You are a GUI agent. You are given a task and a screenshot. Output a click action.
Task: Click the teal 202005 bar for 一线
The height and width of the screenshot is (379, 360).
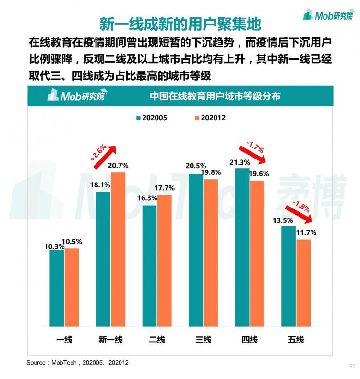57,288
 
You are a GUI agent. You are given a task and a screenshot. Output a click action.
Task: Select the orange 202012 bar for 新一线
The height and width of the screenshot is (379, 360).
118,249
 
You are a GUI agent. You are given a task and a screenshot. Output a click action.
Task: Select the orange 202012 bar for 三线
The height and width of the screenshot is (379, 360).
211,253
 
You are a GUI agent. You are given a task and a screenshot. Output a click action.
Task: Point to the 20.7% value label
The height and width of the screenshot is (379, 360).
118,166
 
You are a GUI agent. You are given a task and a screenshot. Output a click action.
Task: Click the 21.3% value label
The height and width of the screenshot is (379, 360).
240,162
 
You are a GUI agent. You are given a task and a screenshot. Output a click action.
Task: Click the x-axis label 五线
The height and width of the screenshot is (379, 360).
296,340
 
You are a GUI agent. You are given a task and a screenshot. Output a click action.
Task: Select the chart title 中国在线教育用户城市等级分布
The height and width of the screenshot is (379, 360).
215,96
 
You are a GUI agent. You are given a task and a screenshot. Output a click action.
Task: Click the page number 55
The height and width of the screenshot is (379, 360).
352,366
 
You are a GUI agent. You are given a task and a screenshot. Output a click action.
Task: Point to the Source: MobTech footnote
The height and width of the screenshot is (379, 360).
77,363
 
